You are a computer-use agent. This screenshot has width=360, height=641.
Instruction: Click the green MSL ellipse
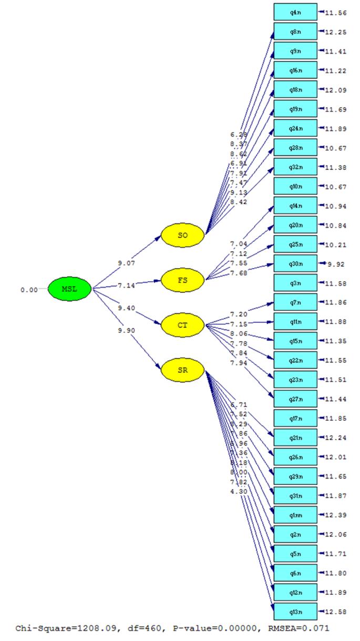70,289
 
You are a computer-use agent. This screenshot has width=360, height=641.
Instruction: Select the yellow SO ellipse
182,235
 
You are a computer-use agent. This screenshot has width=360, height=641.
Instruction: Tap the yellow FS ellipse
182,280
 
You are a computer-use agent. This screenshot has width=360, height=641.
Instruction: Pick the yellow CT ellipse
182,325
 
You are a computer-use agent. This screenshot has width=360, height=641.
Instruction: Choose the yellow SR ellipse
182,370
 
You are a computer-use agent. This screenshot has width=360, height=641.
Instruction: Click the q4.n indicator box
295,12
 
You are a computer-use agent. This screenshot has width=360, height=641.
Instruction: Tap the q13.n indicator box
295,612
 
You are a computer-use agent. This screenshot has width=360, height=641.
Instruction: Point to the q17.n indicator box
295,419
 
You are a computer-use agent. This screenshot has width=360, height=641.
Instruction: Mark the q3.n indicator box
295,283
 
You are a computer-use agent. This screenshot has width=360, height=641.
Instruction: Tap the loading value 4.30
239,491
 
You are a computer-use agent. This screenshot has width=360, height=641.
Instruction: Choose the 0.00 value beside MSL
29,289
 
